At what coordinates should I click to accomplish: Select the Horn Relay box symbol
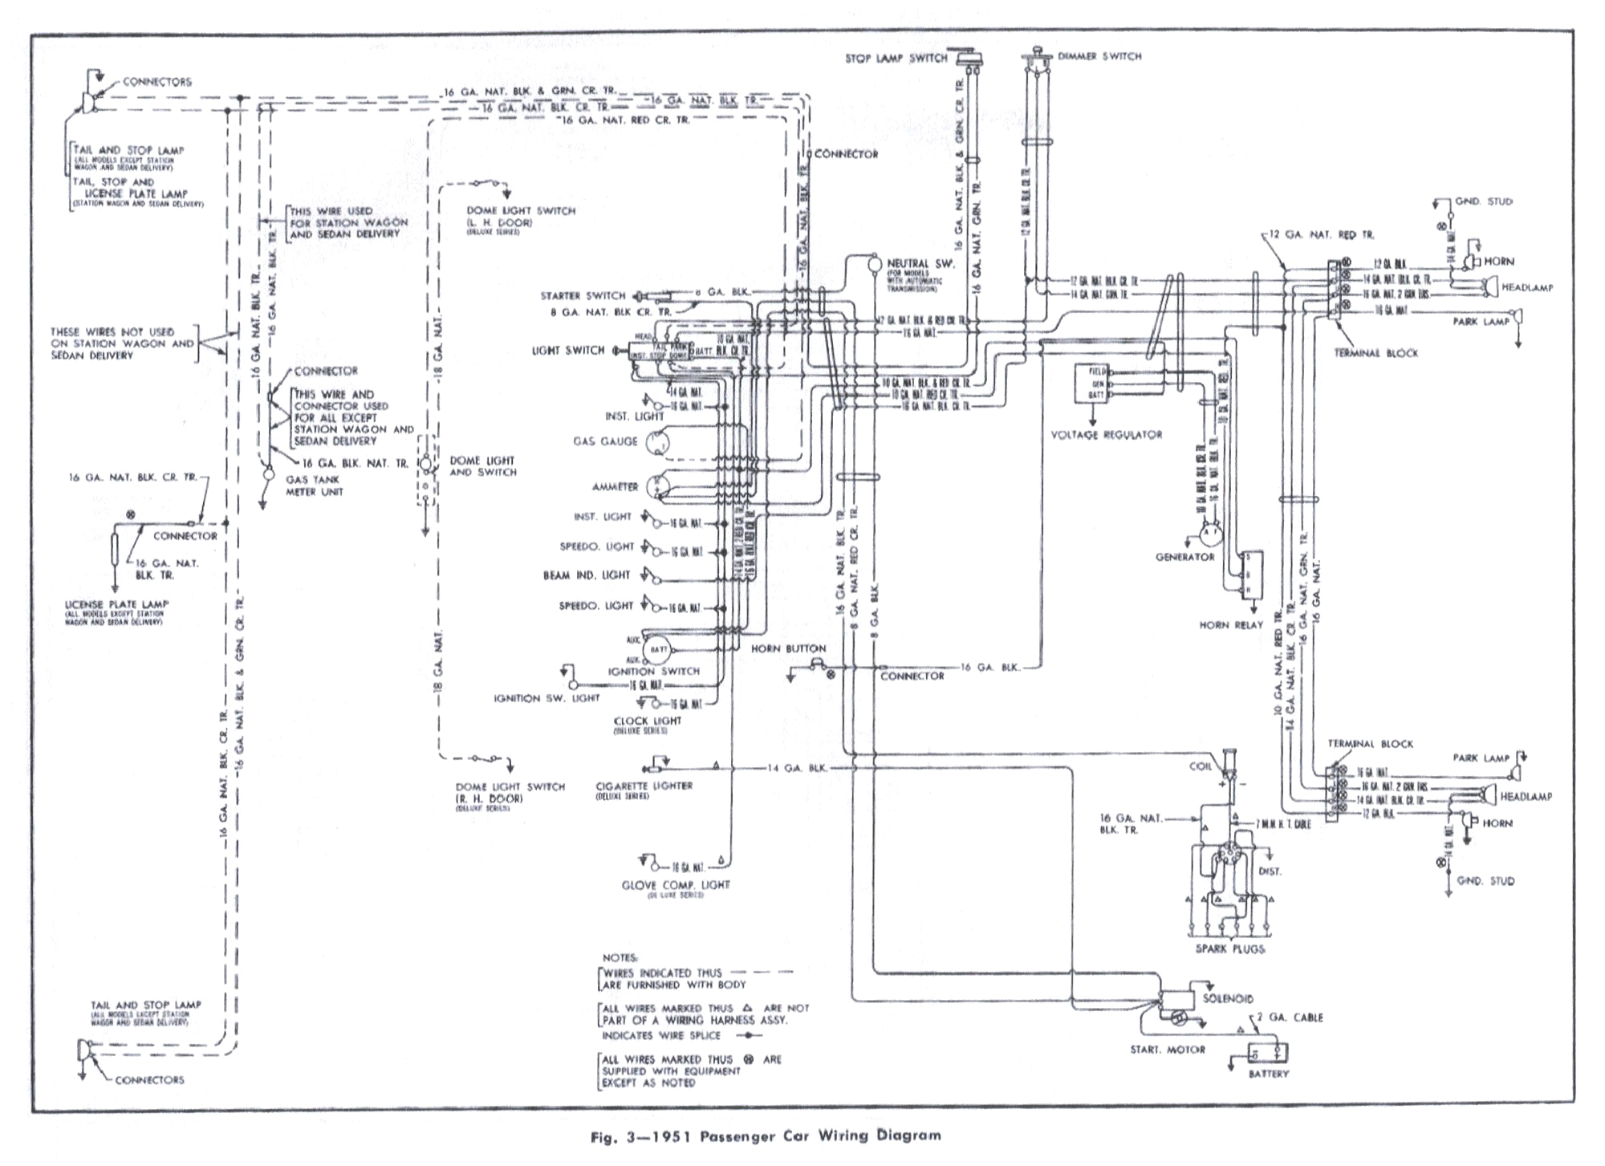coord(1250,575)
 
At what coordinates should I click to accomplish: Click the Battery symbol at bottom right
coord(1268,1052)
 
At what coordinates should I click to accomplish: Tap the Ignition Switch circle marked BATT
coord(660,648)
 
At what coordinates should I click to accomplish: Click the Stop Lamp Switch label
coord(896,59)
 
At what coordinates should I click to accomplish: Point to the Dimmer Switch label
coord(1099,56)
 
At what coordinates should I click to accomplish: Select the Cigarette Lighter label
coord(644,786)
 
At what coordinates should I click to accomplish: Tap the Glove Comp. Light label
coord(676,884)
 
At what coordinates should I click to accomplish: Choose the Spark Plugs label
coord(1229,949)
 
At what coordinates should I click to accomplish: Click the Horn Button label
coord(788,648)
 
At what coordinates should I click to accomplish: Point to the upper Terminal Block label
coord(1375,352)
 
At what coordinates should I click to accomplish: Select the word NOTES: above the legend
coord(620,957)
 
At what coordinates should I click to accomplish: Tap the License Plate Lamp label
coord(117,604)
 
